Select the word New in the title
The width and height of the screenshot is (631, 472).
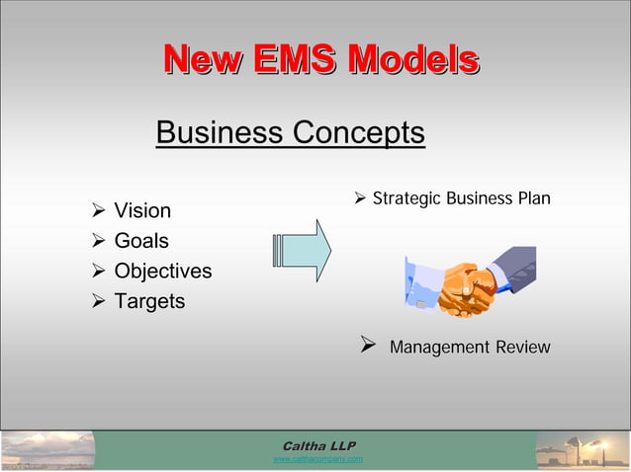(200, 60)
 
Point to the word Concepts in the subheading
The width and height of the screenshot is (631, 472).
(358, 132)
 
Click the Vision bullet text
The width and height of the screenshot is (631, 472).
(142, 210)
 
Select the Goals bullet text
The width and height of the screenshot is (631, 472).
(141, 241)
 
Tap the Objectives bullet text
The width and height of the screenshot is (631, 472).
(162, 271)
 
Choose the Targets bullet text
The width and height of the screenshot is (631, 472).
(149, 301)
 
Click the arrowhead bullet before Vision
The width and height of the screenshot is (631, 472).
(98, 210)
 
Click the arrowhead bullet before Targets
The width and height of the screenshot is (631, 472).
(98, 301)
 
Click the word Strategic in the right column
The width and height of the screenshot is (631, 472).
(406, 199)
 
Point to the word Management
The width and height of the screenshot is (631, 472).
(439, 348)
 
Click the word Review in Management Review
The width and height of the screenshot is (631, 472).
(522, 348)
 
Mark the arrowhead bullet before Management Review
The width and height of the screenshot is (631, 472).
(367, 347)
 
